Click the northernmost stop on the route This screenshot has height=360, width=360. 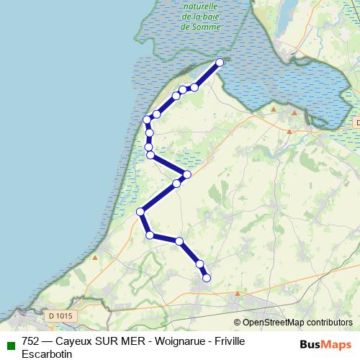(x=220, y=63)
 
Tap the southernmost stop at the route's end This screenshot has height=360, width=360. (x=207, y=277)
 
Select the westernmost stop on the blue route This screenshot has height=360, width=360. (x=141, y=212)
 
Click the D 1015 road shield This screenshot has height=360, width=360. (x=62, y=315)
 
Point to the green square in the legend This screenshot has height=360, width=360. (x=9, y=343)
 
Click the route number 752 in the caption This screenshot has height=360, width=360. (x=31, y=341)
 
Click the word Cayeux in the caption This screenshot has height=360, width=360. (x=75, y=341)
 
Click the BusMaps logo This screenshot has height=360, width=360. (x=325, y=344)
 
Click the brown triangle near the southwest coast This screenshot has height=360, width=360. (x=95, y=256)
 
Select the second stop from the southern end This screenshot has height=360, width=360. (x=199, y=264)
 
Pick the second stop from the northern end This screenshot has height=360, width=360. (x=194, y=87)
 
